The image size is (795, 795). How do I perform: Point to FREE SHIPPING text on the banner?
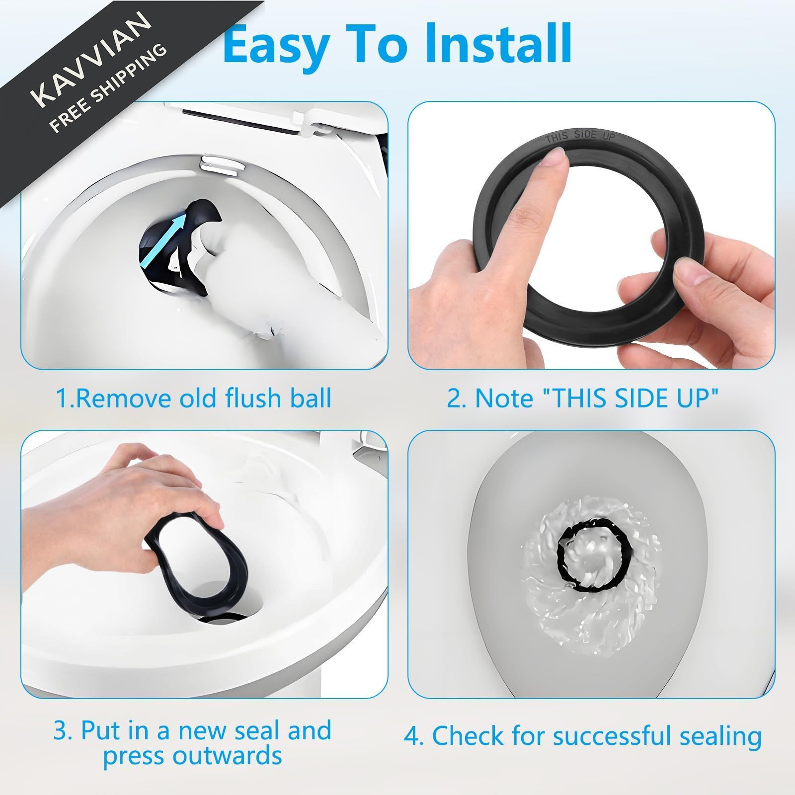pos(109,89)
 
